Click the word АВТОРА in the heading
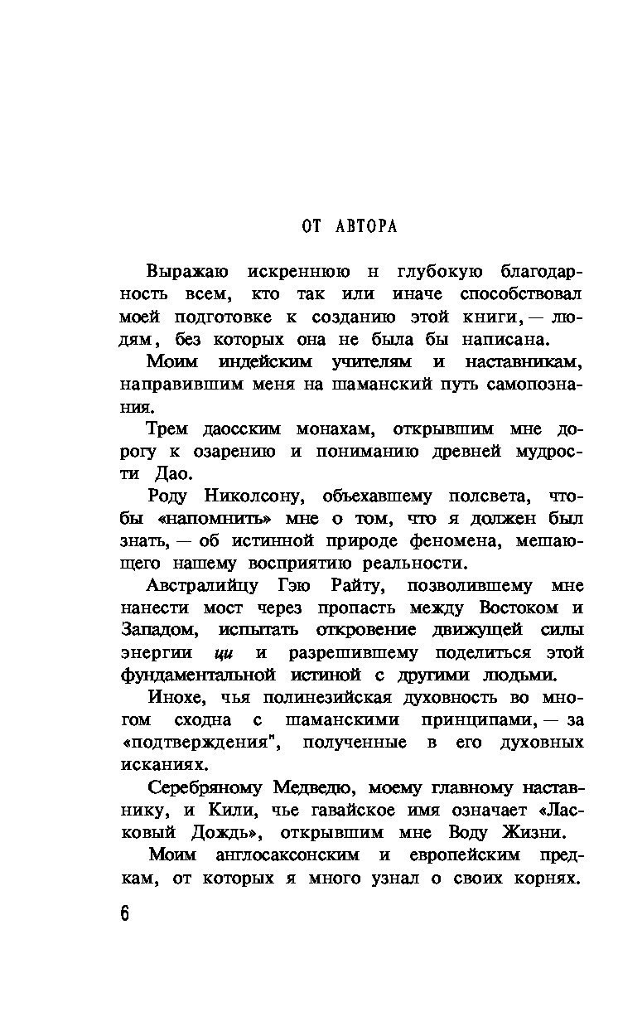pyautogui.click(x=366, y=226)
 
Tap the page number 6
pyautogui.click(x=125, y=914)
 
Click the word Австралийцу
pyautogui.click(x=201, y=586)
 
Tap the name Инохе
pyautogui.click(x=180, y=698)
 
